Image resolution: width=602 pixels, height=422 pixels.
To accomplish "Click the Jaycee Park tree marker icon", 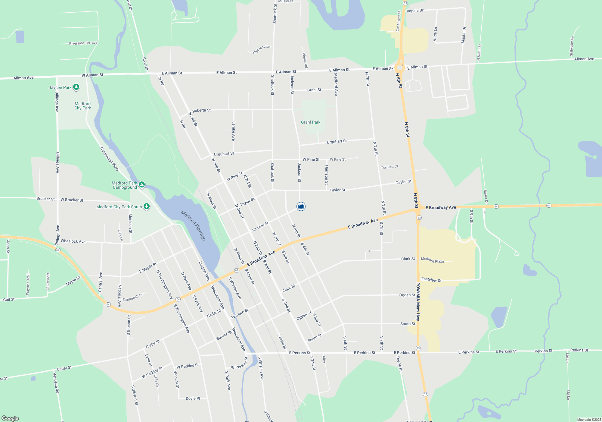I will pyautogui.click(x=76, y=87).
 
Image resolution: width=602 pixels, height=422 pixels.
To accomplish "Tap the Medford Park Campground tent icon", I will pyautogui.click(x=141, y=184).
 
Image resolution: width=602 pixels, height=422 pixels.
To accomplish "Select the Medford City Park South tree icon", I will pyautogui.click(x=147, y=206).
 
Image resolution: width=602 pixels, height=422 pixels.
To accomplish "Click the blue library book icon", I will pyautogui.click(x=301, y=206).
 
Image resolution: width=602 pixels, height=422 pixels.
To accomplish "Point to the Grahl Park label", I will pyautogui.click(x=311, y=122).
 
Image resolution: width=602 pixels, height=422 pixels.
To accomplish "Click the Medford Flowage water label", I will pyautogui.click(x=194, y=225).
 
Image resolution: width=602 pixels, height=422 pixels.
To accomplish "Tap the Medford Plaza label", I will pyautogui.click(x=432, y=260).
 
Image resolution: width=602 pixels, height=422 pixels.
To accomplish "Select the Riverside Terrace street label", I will pyautogui.click(x=83, y=43).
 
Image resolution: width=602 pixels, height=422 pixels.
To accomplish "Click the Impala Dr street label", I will pyautogui.click(x=415, y=11).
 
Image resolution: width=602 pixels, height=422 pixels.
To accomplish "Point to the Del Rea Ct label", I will pyautogui.click(x=389, y=167).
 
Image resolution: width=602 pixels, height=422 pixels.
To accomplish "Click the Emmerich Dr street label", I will pyautogui.click(x=133, y=297).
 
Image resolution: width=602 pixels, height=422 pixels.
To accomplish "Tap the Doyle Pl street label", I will pyautogui.click(x=193, y=398).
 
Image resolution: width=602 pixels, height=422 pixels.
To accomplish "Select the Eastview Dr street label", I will pyautogui.click(x=431, y=280).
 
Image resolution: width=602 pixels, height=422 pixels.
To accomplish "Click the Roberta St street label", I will pyautogui.click(x=201, y=110).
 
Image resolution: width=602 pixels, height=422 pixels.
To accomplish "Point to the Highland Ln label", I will pyautogui.click(x=261, y=49).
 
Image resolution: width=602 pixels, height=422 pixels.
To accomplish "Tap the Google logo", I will pyautogui.click(x=10, y=418).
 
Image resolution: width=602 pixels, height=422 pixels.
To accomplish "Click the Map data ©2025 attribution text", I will pyautogui.click(x=589, y=420).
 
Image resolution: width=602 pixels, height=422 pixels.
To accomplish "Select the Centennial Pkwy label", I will pyautogui.click(x=110, y=159).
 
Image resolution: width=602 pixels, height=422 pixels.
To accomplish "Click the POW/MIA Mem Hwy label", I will pyautogui.click(x=418, y=301).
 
